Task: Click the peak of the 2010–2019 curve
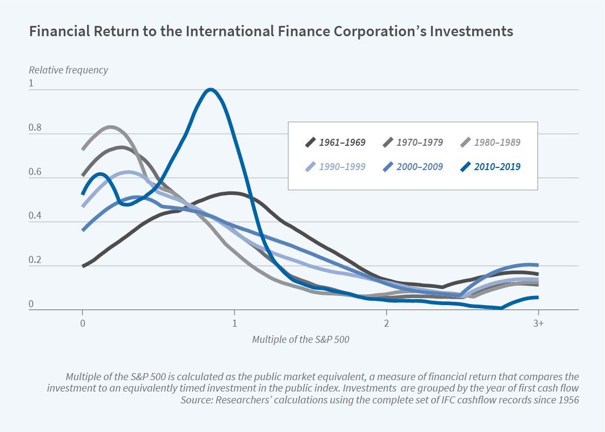210,90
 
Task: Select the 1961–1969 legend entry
335,143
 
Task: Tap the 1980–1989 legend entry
490,143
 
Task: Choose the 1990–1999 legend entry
335,166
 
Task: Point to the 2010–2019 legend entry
490,166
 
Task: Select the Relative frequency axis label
68,70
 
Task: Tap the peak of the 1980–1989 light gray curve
110,127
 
